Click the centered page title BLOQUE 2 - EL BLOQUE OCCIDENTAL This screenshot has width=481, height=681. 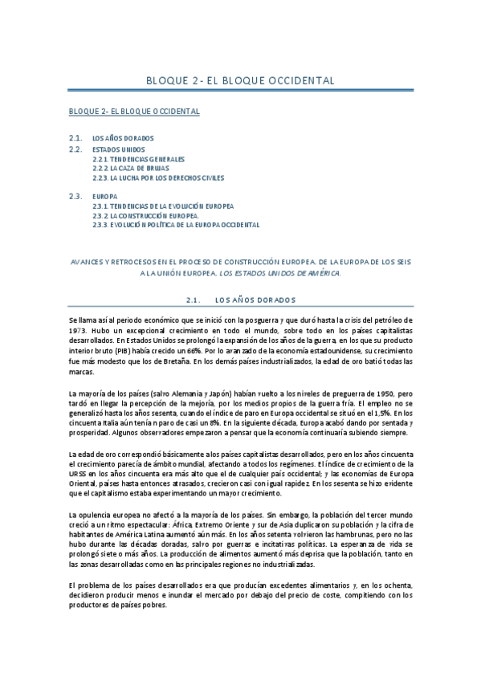pos(240,81)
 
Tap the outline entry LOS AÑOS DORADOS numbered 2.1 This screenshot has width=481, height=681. pos(123,138)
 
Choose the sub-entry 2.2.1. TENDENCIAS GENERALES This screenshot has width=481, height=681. pos(138,159)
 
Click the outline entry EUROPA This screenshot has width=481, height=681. pos(104,196)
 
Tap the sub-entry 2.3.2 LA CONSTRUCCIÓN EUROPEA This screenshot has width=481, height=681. pos(145,216)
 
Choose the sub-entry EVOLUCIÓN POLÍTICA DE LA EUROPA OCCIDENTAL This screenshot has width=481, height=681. pos(176,226)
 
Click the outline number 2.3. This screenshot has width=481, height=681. pos(76,196)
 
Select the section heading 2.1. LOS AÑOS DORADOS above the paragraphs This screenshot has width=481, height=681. pos(240,300)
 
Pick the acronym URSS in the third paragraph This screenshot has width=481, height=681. pos(80,475)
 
